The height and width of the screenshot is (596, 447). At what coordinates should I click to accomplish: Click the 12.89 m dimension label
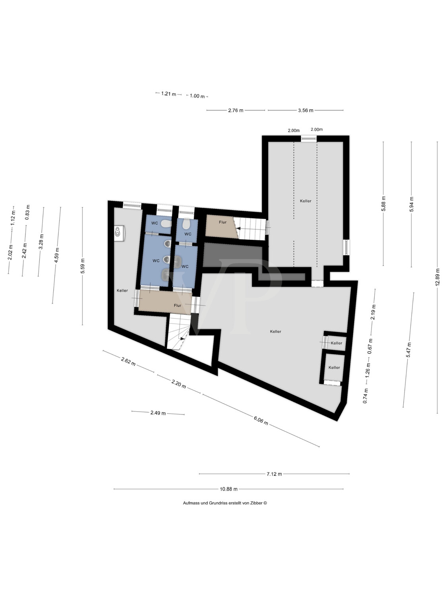click(437, 277)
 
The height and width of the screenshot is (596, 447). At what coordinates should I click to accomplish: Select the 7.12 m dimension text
click(274, 474)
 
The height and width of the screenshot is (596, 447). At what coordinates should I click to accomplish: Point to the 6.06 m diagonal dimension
click(261, 421)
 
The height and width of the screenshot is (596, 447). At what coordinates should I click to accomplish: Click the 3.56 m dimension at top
click(306, 110)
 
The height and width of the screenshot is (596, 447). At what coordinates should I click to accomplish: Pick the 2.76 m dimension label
click(236, 110)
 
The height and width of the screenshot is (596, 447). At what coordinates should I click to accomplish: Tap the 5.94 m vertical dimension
click(412, 204)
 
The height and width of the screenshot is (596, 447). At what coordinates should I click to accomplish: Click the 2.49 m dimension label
click(158, 413)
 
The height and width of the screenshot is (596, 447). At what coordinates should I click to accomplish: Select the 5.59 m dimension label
click(83, 266)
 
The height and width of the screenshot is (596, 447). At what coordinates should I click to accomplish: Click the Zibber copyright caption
click(224, 503)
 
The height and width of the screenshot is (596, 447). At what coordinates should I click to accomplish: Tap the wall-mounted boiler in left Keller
click(119, 233)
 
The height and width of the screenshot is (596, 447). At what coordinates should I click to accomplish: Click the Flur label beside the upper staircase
click(223, 222)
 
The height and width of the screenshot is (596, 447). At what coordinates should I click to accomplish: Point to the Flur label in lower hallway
click(177, 305)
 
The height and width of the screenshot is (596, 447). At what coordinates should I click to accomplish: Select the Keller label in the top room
click(306, 201)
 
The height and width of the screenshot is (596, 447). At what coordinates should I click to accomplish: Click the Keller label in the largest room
click(275, 331)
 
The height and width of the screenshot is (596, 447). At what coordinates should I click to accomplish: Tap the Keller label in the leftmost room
click(122, 290)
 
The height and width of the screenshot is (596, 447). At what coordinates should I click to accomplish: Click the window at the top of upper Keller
click(308, 138)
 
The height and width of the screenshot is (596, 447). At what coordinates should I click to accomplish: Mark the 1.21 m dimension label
click(168, 94)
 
